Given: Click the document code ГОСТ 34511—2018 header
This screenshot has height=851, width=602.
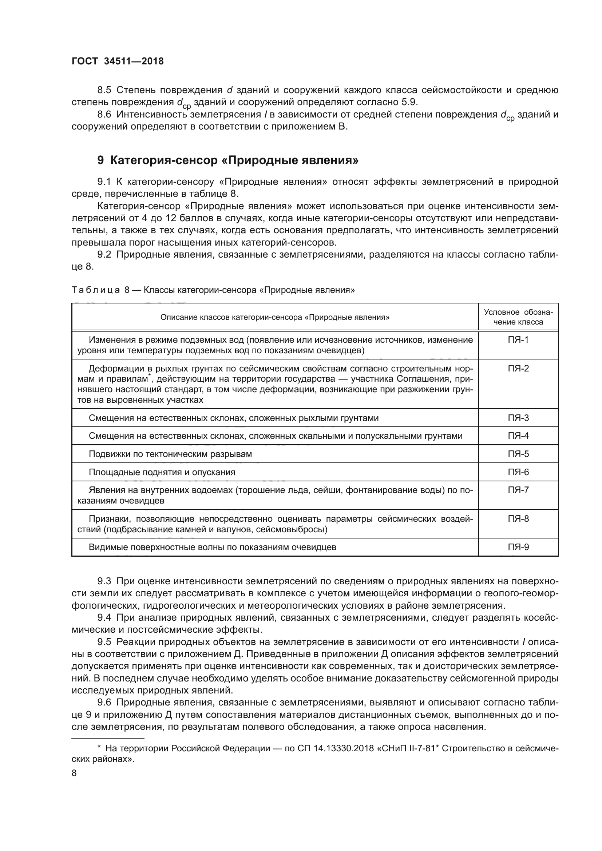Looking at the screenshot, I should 118,61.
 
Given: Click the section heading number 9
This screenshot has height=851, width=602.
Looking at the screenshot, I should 100,160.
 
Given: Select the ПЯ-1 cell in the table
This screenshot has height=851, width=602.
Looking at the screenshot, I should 518,339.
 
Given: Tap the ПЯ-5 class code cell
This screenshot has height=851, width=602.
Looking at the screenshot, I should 518,454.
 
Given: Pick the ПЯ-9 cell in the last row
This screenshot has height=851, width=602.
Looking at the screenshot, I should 518,547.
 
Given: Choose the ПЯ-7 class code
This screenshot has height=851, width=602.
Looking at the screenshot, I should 518,490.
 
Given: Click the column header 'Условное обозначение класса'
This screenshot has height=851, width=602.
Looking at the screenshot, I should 518,317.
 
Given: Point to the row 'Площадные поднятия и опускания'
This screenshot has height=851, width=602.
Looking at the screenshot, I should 162,472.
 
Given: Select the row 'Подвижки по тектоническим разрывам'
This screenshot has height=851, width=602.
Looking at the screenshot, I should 170,454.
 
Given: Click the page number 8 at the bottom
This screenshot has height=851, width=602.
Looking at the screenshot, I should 74,773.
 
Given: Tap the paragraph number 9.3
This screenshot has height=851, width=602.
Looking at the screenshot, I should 104,581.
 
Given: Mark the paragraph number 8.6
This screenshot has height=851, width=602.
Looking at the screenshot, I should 104,115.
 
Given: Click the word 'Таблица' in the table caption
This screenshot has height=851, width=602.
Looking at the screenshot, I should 96,290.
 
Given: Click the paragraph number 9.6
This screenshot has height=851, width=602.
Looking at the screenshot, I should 104,702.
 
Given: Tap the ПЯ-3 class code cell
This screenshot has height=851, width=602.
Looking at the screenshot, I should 518,418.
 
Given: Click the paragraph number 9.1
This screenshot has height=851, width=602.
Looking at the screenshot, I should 104,182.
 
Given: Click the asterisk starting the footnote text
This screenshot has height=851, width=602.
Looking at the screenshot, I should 99,748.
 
